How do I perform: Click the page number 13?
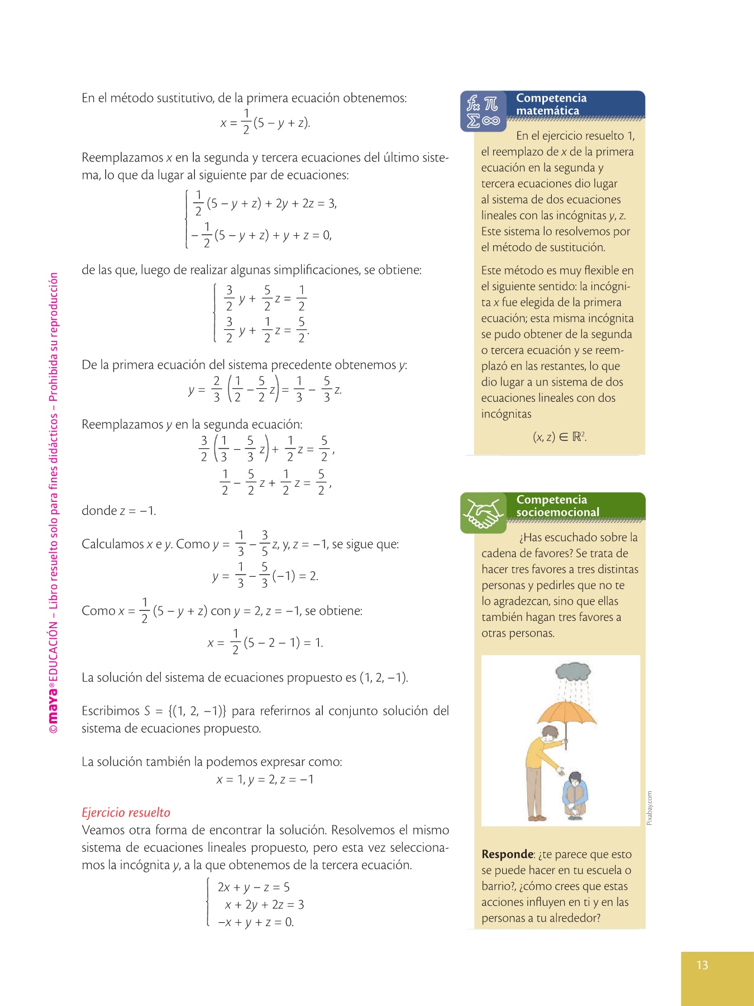point(702,965)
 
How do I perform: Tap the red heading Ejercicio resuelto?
point(126,813)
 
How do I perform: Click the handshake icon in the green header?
point(483,513)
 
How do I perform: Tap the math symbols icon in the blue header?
point(483,111)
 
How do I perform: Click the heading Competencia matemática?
point(551,105)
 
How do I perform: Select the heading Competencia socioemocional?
point(557,506)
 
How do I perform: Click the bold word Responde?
point(507,854)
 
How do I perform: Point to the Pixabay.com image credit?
point(649,808)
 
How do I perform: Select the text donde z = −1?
point(118,511)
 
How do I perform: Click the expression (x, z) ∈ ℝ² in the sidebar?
point(559,437)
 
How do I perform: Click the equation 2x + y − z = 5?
point(254,888)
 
